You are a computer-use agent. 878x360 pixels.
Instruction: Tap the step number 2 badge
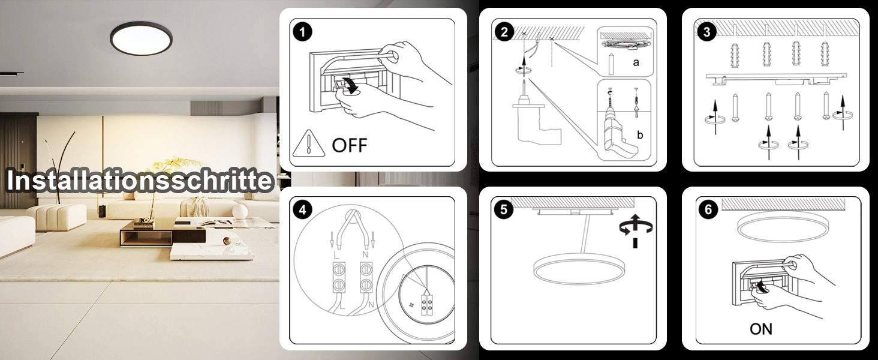(x=504, y=32)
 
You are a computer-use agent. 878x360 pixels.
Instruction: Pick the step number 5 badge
(x=504, y=209)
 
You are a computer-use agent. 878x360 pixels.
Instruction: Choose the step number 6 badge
(x=708, y=209)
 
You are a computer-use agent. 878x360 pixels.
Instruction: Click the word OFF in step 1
(x=349, y=145)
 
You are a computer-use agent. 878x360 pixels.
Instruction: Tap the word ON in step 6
(x=761, y=329)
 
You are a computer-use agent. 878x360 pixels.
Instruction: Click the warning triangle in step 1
(x=308, y=145)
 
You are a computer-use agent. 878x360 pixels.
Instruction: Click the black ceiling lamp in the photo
(x=142, y=37)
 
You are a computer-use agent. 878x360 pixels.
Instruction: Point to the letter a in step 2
(x=636, y=62)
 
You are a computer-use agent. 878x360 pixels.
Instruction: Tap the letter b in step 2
(x=639, y=136)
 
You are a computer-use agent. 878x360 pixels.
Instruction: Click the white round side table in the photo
(x=240, y=211)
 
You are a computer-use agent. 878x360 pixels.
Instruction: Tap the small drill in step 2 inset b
(x=615, y=133)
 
